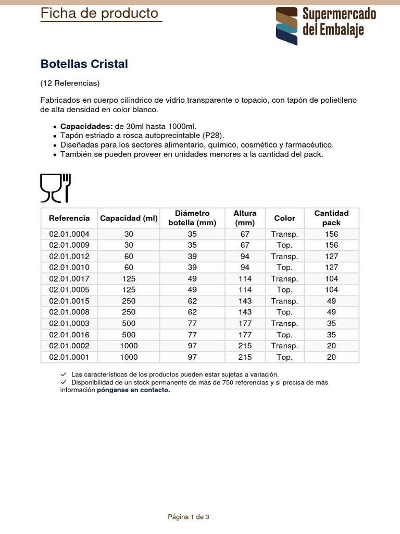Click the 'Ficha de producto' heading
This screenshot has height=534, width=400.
click(x=99, y=14)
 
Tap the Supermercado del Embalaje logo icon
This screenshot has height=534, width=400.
click(x=287, y=26)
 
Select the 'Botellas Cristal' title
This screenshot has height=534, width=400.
click(x=84, y=64)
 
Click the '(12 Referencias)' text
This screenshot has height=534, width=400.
click(x=70, y=83)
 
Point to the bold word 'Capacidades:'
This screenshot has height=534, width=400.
click(x=86, y=127)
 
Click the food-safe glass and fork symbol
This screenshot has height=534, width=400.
click(x=56, y=188)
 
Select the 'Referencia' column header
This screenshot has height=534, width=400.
click(x=69, y=218)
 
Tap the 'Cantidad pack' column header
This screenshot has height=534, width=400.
click(x=331, y=218)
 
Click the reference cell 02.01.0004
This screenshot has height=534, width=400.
click(x=69, y=234)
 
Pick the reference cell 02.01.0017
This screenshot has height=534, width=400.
click(x=69, y=279)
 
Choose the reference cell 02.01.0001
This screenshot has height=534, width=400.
click(x=69, y=357)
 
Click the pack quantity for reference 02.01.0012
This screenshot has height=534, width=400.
click(x=331, y=257)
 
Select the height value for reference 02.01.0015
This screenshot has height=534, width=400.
click(x=245, y=301)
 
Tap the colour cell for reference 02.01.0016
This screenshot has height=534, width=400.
click(x=284, y=335)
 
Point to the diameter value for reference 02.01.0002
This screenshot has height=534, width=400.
click(x=192, y=346)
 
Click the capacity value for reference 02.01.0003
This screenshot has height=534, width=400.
click(x=129, y=324)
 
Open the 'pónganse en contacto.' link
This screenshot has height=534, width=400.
click(x=133, y=390)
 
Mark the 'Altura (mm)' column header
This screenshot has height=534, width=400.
click(x=245, y=218)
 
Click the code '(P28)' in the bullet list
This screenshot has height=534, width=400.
click(x=213, y=136)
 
